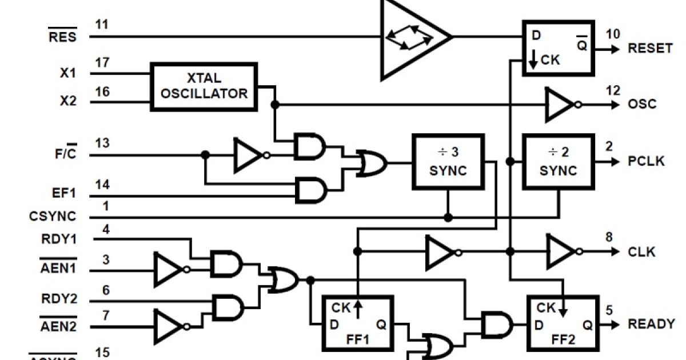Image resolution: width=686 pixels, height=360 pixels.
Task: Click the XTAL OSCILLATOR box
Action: coord(204,86)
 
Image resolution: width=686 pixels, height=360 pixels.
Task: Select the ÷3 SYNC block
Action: coord(448,162)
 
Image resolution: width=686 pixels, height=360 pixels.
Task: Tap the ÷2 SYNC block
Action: coord(559,162)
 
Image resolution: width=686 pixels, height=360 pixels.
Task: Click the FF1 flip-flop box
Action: coord(358,323)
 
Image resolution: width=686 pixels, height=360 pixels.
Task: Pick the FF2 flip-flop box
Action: coord(563,323)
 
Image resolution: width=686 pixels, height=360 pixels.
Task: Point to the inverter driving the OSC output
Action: coord(560,105)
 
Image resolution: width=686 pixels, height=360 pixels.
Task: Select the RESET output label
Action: coord(650,49)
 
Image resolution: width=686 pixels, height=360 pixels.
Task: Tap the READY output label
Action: coord(651,324)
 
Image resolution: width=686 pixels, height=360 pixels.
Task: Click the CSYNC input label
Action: coord(52,217)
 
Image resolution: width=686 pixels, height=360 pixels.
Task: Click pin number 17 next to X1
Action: coord(102,62)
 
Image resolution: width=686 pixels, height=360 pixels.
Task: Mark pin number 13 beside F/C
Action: coord(102,142)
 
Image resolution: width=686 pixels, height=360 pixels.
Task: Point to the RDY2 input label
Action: coord(59,298)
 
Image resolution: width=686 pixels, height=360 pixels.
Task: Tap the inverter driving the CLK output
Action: coord(563,251)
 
